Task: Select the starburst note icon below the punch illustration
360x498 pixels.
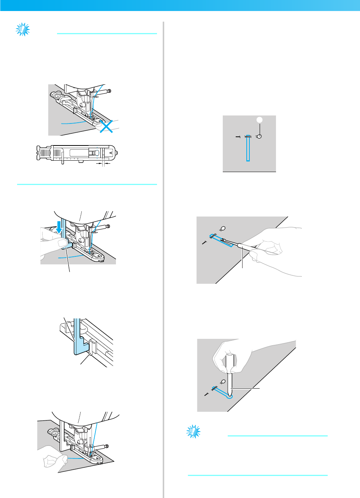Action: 194,432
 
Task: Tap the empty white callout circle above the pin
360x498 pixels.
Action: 259,120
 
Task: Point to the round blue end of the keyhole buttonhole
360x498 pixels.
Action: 228,396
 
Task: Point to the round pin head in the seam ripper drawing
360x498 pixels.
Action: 223,228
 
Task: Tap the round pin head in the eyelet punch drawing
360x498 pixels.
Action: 224,381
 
